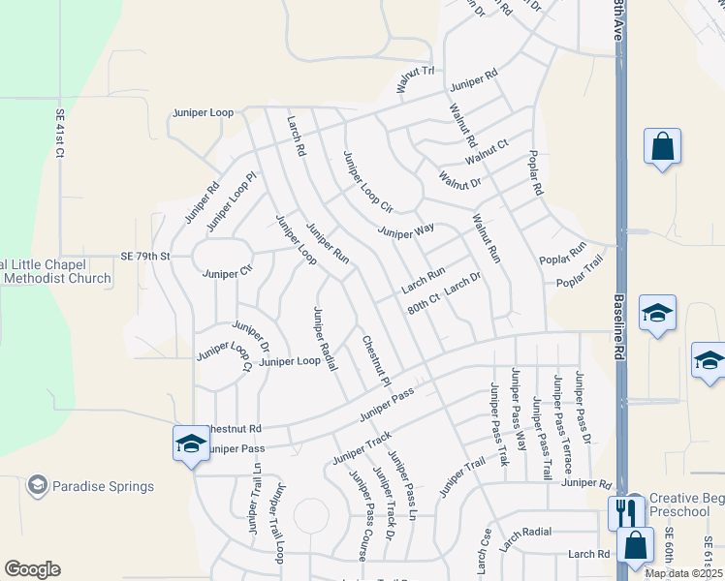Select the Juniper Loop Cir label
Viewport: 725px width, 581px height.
click(x=367, y=181)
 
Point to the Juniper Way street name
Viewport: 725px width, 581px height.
click(x=406, y=231)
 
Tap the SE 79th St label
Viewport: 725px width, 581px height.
click(x=145, y=257)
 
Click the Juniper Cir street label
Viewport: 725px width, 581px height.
click(x=227, y=274)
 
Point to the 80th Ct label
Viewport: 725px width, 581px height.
click(x=424, y=303)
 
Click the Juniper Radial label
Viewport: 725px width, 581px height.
click(x=325, y=338)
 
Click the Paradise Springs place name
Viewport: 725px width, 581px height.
click(x=103, y=486)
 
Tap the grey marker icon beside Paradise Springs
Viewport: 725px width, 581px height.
click(x=38, y=484)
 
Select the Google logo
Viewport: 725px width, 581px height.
click(x=32, y=569)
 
